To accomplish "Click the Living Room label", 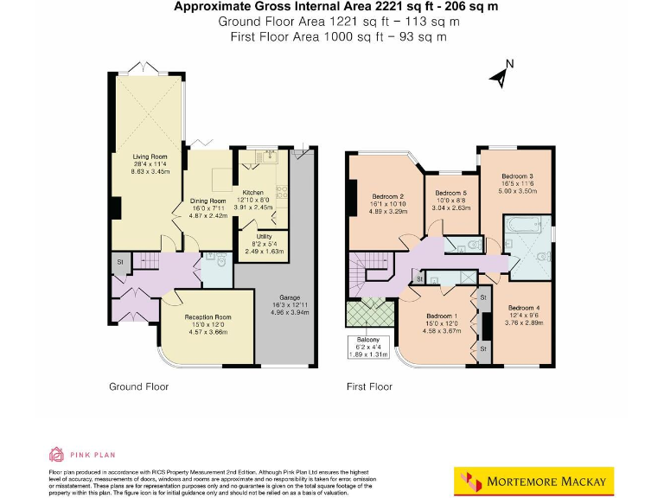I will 150,156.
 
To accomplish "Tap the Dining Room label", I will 207,201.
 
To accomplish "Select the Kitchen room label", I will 252,193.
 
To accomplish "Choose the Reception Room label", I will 207,317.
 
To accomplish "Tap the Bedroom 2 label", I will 388,195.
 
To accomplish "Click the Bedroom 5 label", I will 450,193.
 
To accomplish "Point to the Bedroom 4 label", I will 524,309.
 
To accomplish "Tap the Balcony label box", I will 367,347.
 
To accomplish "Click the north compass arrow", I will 500,76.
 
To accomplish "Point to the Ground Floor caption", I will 138,386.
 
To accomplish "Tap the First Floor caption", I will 369,386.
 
